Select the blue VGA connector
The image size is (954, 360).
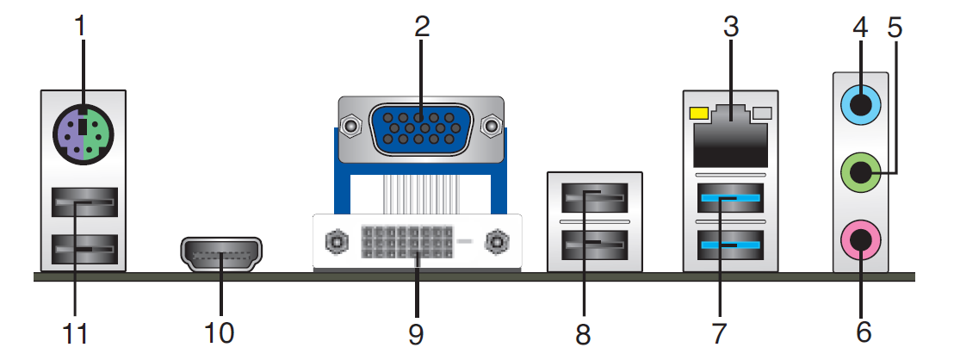[x=420, y=129]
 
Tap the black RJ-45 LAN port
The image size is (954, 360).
[x=730, y=136]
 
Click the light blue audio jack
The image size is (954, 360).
[x=859, y=107]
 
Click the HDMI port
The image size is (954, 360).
[x=221, y=253]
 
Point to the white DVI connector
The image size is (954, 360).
[x=418, y=241]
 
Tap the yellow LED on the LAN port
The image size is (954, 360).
[x=699, y=113]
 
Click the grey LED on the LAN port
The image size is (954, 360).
[x=762, y=113]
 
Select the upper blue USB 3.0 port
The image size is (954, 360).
[x=731, y=198]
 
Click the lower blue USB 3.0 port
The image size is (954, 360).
[x=731, y=245]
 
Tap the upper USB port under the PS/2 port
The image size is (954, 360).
[x=83, y=202]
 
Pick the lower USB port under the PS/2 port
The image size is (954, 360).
[x=83, y=250]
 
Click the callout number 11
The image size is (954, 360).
[x=76, y=333]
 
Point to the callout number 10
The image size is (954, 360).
[x=219, y=333]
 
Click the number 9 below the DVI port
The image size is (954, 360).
[x=416, y=334]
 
